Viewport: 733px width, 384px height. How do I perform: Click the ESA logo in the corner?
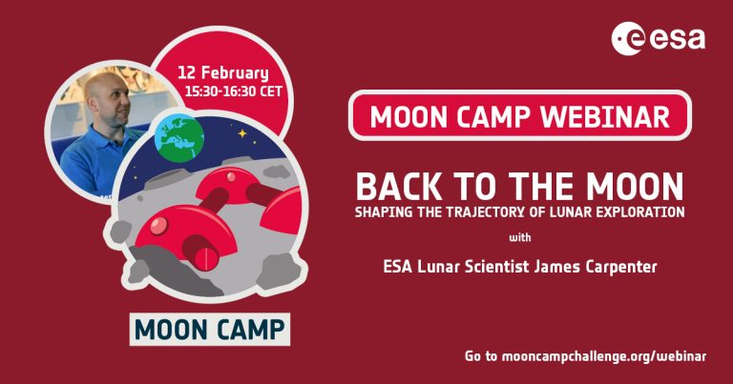tap(660, 37)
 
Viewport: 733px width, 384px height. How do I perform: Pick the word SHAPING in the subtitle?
tap(383, 211)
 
